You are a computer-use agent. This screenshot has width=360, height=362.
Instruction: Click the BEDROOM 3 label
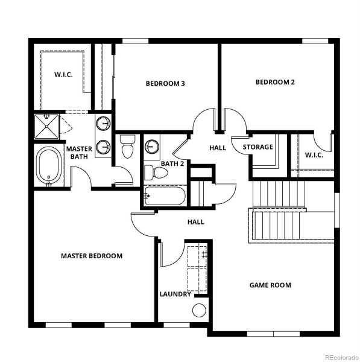click(165, 83)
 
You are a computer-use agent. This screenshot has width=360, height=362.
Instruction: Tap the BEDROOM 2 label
click(275, 82)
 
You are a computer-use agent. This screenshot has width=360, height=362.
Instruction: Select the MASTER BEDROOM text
click(92, 256)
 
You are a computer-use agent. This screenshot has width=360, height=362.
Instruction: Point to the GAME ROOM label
click(270, 285)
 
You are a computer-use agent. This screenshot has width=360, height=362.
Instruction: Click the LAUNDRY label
click(175, 294)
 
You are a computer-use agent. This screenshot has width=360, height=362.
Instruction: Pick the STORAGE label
click(257, 147)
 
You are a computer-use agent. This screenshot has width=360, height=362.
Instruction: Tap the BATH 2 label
click(172, 164)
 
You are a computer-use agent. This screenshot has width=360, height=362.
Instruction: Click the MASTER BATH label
click(79, 153)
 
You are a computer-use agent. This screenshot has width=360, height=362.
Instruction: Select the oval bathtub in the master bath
click(49, 165)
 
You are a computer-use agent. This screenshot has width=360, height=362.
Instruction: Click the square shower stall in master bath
click(46, 127)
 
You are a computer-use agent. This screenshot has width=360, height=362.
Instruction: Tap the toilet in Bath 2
click(156, 173)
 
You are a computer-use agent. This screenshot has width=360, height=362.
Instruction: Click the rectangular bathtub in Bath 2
click(165, 195)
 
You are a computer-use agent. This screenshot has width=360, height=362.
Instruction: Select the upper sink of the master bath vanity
click(103, 124)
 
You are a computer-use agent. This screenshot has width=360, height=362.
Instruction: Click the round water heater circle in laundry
click(199, 310)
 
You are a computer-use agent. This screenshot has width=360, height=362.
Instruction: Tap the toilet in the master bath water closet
click(127, 147)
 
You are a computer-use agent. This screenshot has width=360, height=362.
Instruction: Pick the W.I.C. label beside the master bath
click(63, 75)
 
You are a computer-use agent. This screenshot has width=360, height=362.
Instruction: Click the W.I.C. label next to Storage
click(314, 155)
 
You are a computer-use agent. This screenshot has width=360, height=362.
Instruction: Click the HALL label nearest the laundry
click(196, 222)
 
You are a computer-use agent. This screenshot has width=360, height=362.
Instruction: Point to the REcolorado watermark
click(341, 357)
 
